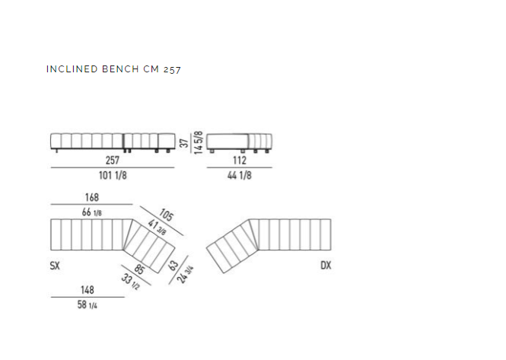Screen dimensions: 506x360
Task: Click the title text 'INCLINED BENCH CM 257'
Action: (113, 69)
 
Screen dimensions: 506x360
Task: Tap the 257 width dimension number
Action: (113, 161)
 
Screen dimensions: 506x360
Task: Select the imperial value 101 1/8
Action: (113, 175)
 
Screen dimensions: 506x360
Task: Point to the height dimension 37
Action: (184, 143)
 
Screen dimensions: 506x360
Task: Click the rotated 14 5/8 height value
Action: (199, 142)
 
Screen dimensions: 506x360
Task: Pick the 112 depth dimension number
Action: (240, 161)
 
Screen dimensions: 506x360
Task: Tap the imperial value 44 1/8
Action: (240, 175)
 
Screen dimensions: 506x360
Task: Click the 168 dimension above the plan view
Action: (91, 197)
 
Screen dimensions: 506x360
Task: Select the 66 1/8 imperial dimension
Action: (91, 212)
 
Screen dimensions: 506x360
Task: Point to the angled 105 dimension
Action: (166, 215)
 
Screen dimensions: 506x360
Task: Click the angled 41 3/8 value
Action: (158, 227)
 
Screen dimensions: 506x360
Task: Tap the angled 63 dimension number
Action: (173, 266)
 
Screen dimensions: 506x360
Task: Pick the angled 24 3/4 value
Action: (185, 275)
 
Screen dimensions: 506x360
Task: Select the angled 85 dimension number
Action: (138, 269)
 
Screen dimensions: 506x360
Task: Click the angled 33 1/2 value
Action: (130, 282)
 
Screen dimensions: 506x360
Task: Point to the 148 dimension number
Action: (88, 290)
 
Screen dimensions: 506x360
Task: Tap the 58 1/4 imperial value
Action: (88, 304)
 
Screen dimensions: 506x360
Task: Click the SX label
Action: (55, 266)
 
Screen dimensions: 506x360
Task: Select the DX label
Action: (326, 266)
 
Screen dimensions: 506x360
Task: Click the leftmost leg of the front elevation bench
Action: (57, 151)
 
